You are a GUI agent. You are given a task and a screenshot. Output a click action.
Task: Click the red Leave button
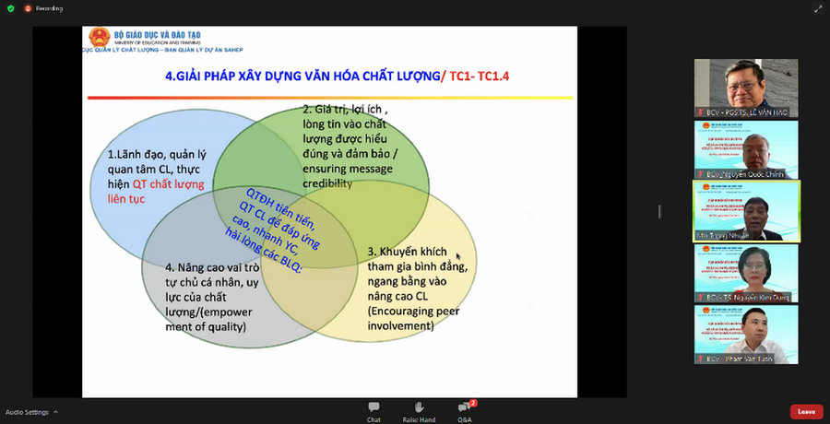806,411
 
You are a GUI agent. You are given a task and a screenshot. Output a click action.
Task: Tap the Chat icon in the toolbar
373,410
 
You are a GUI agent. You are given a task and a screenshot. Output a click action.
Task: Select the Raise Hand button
419,410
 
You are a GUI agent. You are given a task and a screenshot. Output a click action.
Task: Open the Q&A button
465,410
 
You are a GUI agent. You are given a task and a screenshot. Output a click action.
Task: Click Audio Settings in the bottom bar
28,411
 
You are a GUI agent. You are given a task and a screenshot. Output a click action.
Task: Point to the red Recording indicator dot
29,7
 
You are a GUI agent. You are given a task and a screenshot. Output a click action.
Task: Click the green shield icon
9,7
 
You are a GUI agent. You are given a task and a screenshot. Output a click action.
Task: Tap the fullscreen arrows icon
817,8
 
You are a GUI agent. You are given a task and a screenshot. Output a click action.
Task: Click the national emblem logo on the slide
100,38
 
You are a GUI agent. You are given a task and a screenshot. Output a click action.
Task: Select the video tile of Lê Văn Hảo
746,88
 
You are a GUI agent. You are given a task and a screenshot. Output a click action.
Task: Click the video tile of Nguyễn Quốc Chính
746,149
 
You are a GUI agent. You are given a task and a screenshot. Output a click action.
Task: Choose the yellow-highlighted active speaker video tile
746,211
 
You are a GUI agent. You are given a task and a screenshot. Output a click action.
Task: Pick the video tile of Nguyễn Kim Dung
746,273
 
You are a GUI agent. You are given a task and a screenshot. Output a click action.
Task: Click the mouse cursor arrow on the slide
457,258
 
